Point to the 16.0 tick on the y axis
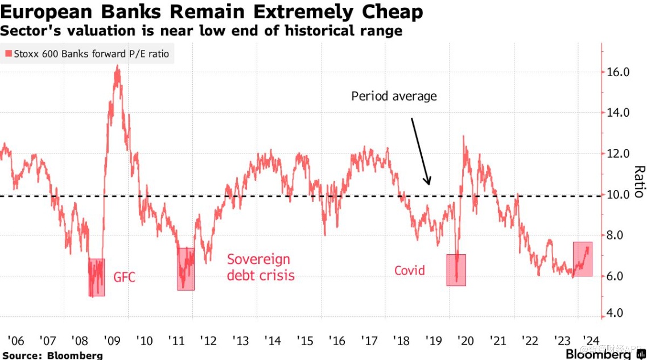[x=617, y=72]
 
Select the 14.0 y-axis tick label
[x=617, y=113]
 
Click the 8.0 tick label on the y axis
[x=617, y=235]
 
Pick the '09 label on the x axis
[x=112, y=341]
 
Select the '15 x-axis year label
[x=306, y=341]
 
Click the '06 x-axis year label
[x=15, y=341]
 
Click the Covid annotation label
[x=410, y=270]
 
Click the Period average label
[x=394, y=96]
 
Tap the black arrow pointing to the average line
[x=420, y=151]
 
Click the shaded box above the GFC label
[x=97, y=278]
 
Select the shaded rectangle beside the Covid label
[x=456, y=270]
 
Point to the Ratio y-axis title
[x=639, y=181]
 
